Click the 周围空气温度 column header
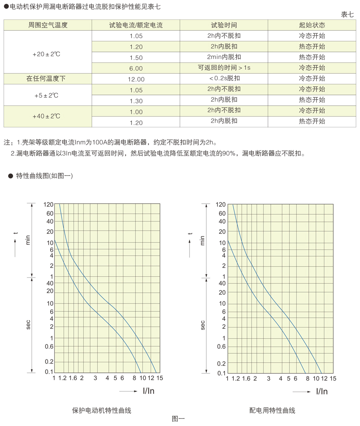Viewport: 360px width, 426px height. (x=48, y=25)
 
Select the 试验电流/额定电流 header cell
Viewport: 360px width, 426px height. (x=136, y=25)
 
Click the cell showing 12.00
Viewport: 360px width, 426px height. (x=136, y=79)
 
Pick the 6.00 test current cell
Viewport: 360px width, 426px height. (x=136, y=68)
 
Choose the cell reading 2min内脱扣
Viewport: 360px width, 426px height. (x=224, y=57)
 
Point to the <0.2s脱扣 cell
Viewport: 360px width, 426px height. (x=224, y=78)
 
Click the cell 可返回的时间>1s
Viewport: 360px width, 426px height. (x=224, y=68)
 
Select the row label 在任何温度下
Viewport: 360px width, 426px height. (x=48, y=78)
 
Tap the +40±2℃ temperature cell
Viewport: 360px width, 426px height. (x=48, y=116)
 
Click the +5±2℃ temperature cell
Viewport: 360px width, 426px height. (x=48, y=95)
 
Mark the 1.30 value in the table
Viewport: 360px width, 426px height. (x=136, y=100)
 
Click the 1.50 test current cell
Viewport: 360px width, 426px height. (x=136, y=58)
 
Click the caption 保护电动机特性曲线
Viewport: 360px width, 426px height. (x=101, y=411)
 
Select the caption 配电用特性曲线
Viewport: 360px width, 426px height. (x=272, y=411)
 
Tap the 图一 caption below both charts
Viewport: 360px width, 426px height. (x=178, y=419)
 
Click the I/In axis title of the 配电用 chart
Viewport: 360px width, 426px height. (x=321, y=392)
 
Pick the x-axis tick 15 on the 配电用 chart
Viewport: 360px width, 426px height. (x=332, y=379)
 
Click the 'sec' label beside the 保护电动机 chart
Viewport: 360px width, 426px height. (x=28, y=325)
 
